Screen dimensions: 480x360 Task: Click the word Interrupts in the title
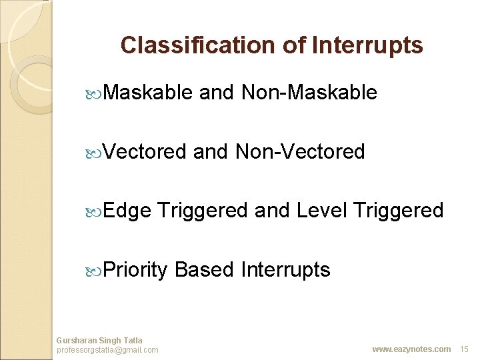[x=367, y=46]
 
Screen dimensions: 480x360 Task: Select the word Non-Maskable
[x=309, y=91]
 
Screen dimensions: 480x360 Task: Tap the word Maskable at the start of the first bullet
[x=147, y=91]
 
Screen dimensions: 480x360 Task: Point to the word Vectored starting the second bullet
[x=144, y=151]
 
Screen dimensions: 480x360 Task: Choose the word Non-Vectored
[x=300, y=151]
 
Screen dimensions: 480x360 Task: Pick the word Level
[x=322, y=210]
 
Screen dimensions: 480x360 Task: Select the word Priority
[x=135, y=270]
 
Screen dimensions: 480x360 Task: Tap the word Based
[x=204, y=269]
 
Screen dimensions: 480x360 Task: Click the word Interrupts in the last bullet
[x=285, y=270]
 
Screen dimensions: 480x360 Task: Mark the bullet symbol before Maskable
[x=93, y=95]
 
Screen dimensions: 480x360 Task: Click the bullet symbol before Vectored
[x=93, y=154]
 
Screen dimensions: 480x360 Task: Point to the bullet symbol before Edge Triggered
[x=93, y=213]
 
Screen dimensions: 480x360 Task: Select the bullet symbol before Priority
[x=93, y=272]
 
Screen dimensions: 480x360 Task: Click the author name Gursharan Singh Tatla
[x=99, y=341]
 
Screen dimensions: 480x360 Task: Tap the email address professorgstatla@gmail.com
[x=107, y=350]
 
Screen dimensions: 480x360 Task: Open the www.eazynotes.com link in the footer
[x=411, y=349]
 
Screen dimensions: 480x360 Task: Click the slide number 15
[x=464, y=349]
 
